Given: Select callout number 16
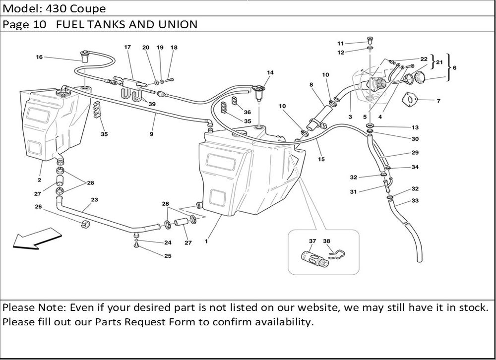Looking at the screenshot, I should (39, 57).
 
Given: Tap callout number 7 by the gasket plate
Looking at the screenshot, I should (438, 101).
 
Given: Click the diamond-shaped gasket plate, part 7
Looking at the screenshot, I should (410, 99).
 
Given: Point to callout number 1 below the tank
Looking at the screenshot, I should (206, 241).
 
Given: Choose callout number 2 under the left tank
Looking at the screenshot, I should (39, 180).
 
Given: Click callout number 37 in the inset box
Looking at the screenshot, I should (312, 241).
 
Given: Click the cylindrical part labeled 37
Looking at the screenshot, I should (313, 258).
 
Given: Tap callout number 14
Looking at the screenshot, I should (270, 73).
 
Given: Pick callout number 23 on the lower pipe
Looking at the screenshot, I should (94, 200).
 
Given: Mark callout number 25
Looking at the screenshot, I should (168, 256).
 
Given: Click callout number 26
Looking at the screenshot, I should (38, 207).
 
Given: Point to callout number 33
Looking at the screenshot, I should (415, 201).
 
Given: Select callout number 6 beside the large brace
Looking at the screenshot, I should (455, 67).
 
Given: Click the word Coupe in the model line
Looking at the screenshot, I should (89, 9).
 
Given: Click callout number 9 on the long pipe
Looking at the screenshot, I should (151, 134).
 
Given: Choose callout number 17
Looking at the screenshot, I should (127, 48).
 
